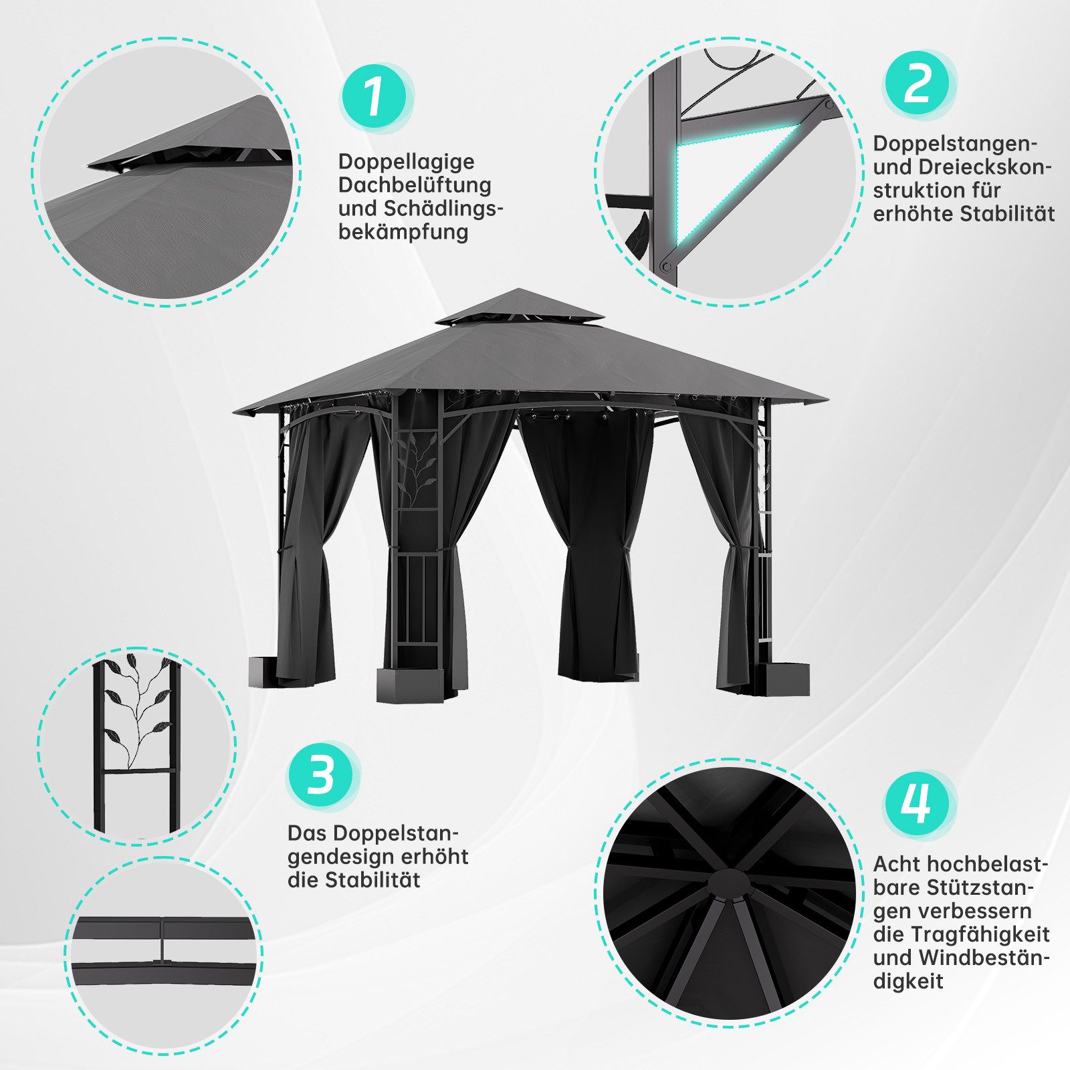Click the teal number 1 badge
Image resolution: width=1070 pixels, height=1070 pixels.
point(374,98)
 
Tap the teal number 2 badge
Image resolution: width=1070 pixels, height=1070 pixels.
point(918,84)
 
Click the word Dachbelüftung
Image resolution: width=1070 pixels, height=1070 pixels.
point(415,185)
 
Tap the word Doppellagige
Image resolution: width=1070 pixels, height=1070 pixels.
point(407,162)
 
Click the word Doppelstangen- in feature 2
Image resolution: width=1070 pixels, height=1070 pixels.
point(955,143)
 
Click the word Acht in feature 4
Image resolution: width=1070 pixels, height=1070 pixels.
point(896,864)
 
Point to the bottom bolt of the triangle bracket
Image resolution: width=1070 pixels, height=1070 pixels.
point(665,266)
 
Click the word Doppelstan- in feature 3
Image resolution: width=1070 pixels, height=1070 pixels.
point(373,834)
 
